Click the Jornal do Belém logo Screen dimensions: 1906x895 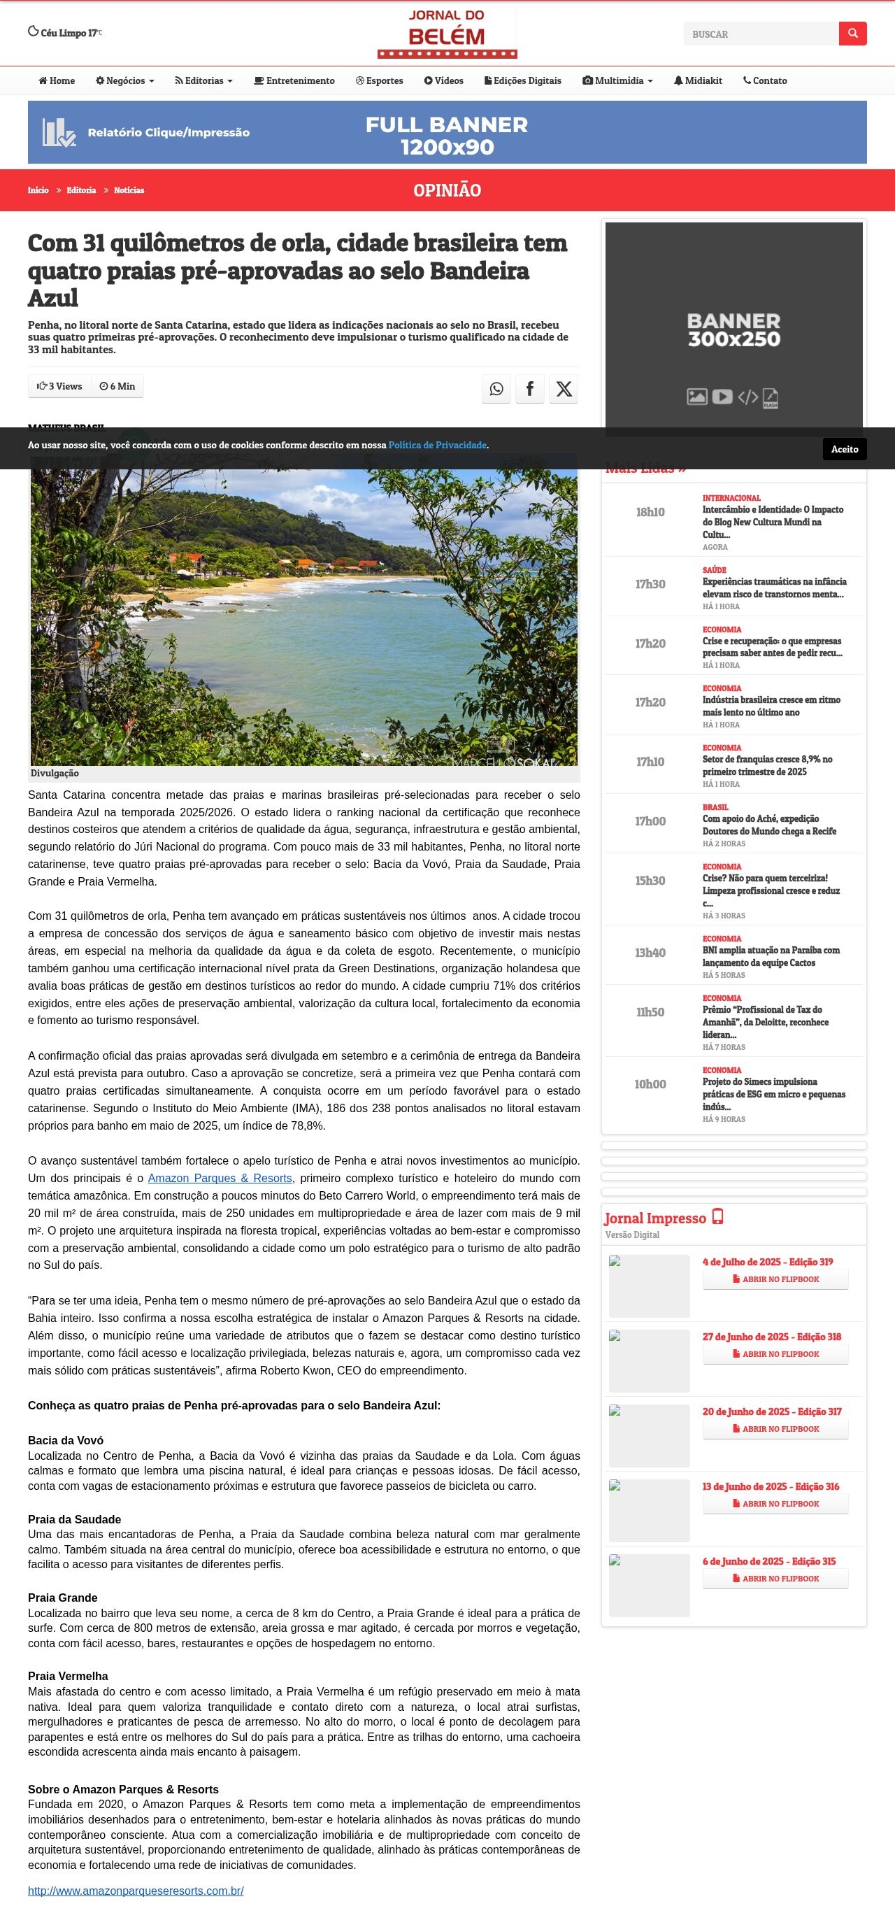pyautogui.click(x=447, y=34)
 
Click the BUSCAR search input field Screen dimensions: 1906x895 pyautogui.click(x=760, y=34)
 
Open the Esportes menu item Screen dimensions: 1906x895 pyautogui.click(x=380, y=80)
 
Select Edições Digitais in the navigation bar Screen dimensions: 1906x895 pyautogui.click(x=523, y=80)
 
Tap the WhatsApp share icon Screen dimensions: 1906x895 pyautogui.click(x=496, y=388)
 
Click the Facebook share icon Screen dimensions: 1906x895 pyautogui.click(x=529, y=388)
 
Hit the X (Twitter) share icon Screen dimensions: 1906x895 pyautogui.click(x=564, y=388)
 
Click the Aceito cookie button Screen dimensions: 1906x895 pyautogui.click(x=844, y=449)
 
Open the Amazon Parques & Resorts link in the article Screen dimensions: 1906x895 pyautogui.click(x=220, y=1178)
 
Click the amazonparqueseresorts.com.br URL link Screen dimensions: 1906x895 pyautogui.click(x=136, y=1891)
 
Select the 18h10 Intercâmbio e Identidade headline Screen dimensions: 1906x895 pyautogui.click(x=772, y=522)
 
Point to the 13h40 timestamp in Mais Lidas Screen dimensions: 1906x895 pyautogui.click(x=650, y=953)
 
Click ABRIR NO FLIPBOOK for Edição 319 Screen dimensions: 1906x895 pyautogui.click(x=775, y=1279)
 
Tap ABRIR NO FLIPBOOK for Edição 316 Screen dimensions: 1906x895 pyautogui.click(x=775, y=1504)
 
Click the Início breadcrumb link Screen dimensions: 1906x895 pyautogui.click(x=38, y=190)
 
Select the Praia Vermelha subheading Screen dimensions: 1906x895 pyautogui.click(x=68, y=1676)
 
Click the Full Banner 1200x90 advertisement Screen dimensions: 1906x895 pyautogui.click(x=447, y=132)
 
